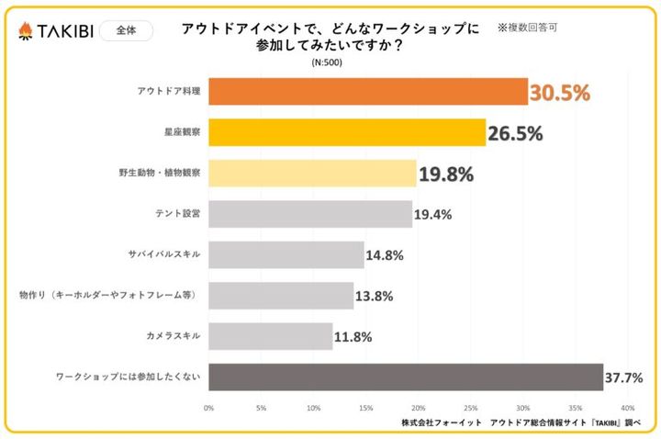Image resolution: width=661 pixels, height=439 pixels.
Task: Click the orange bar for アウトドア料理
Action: (368, 92)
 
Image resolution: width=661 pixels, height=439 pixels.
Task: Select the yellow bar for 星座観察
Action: (347, 133)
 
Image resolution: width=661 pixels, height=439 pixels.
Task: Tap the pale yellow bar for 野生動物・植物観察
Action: (312, 174)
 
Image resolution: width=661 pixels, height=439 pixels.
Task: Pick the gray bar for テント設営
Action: (310, 214)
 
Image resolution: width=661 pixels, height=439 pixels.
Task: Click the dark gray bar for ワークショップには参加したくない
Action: (406, 377)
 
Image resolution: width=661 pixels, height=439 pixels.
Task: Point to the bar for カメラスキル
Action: (271, 336)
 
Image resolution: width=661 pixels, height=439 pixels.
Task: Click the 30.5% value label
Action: (559, 93)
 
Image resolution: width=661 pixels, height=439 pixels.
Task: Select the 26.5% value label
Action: (515, 134)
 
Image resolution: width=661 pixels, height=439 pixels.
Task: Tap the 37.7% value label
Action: (623, 377)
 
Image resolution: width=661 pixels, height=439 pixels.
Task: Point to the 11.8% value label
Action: (353, 337)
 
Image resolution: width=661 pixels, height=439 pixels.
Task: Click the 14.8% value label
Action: (385, 255)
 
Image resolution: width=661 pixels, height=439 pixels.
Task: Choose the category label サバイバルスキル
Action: (166, 254)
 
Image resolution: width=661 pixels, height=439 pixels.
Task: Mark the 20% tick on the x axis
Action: (418, 408)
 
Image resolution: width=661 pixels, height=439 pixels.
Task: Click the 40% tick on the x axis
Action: (627, 408)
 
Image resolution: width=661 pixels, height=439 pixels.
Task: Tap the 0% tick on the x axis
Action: (208, 408)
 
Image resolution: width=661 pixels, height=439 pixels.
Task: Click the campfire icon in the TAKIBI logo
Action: (26, 31)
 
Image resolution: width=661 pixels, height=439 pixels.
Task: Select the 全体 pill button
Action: (126, 30)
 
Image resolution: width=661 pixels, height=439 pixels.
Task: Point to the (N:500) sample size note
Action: (329, 62)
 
